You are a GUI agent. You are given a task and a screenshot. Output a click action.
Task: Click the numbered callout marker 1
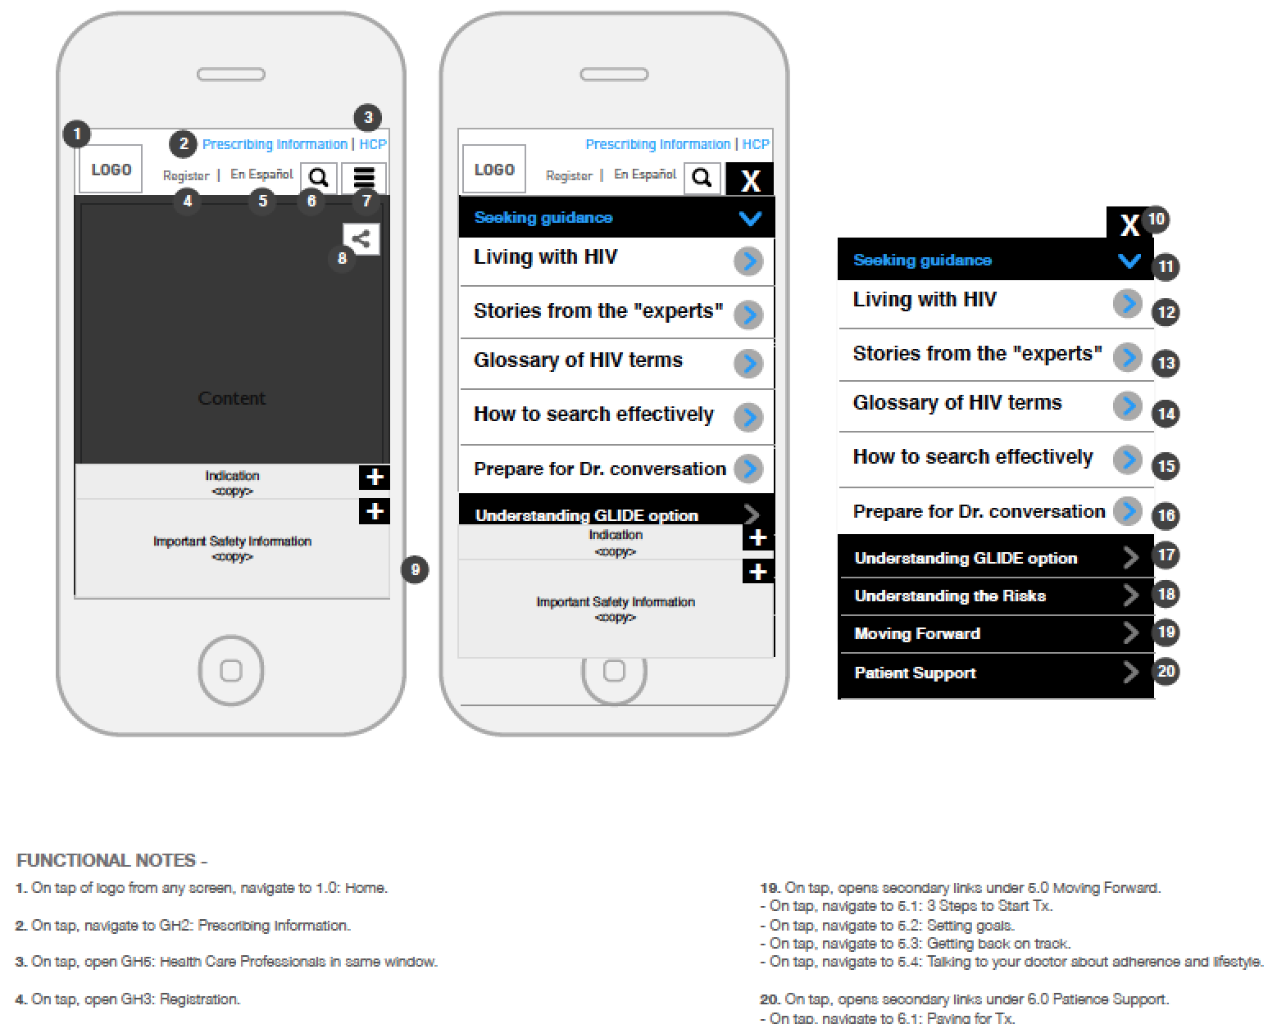[77, 134]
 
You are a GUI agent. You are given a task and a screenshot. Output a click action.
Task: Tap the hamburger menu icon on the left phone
[364, 177]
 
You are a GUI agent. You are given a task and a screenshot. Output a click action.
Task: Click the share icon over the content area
[361, 239]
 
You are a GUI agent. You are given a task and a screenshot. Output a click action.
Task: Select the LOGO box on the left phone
[111, 170]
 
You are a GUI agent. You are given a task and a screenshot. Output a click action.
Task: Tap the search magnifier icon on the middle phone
[702, 178]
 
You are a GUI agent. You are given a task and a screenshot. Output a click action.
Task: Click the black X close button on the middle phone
[750, 179]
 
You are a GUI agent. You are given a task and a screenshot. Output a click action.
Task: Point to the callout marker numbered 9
[416, 569]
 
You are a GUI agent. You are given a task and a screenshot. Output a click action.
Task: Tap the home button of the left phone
[231, 671]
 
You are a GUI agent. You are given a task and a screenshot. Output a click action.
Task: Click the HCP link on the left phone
[373, 144]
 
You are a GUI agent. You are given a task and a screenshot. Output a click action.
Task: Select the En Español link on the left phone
[261, 174]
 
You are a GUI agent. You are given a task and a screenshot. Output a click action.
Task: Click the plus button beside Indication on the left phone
[374, 477]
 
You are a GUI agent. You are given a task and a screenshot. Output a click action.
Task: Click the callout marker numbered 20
[1166, 672]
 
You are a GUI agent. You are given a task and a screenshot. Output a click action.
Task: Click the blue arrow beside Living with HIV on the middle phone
[748, 261]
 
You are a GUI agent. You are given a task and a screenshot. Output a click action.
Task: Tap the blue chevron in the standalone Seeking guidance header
[1129, 261]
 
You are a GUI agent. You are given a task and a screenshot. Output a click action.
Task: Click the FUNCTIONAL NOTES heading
[111, 860]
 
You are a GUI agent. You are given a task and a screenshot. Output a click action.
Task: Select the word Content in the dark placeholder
[231, 399]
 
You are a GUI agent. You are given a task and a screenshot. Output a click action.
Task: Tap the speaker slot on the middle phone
[614, 75]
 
